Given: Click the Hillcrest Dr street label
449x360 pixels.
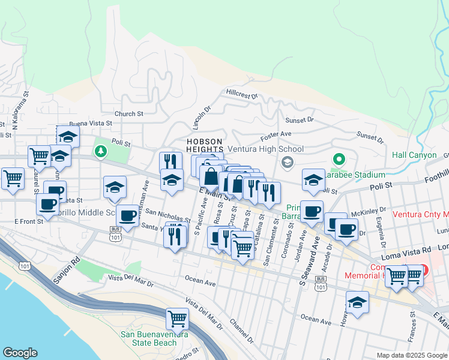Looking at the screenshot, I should (242, 95).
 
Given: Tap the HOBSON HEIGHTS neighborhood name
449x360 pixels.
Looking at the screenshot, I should (205, 145).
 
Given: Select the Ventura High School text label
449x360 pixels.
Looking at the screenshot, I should (265, 149).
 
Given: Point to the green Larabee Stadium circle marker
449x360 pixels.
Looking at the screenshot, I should (339, 160).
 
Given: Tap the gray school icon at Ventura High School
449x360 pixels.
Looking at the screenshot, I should (287, 161).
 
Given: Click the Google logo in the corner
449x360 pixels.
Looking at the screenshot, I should (20, 353).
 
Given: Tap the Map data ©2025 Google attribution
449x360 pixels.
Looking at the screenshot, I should (411, 355).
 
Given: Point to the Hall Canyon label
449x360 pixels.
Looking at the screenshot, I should (414, 155).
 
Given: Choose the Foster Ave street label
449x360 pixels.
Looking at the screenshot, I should (276, 134).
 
